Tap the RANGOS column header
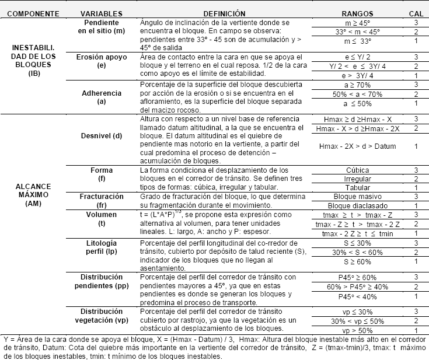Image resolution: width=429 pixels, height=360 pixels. [x=357, y=12]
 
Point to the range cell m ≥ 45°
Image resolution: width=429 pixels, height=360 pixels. [x=357, y=22]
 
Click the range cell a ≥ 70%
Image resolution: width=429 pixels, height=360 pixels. [x=357, y=85]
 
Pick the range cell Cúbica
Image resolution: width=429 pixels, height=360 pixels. [x=357, y=170]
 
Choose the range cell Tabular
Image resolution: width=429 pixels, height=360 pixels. [x=357, y=188]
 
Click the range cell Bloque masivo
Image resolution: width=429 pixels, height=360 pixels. [x=357, y=197]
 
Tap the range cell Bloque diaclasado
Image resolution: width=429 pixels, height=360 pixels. [x=357, y=206]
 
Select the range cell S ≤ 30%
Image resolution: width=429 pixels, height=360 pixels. [x=357, y=242]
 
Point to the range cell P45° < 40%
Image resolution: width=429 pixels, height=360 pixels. [x=357, y=296]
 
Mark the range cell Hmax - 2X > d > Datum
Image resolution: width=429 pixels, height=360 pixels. [x=357, y=146]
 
